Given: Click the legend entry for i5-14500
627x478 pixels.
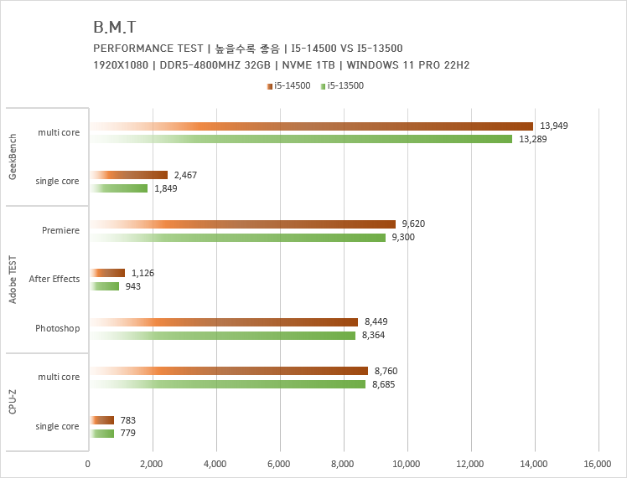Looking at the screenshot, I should (290, 85).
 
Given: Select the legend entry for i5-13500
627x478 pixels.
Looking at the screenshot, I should (345, 85).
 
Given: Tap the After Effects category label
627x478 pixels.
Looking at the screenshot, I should (54, 279).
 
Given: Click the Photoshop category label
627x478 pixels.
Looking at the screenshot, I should (58, 328).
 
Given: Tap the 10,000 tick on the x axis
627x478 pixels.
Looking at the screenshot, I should (407, 463).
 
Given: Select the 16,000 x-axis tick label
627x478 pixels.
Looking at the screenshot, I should (598, 463).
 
